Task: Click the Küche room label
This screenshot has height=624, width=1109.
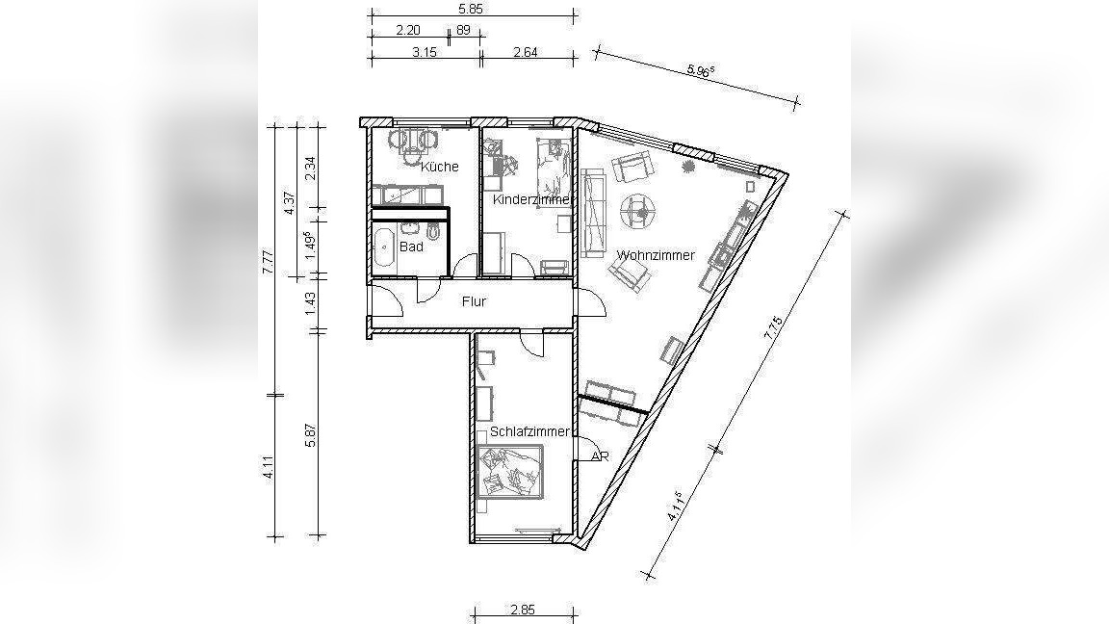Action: click(440, 167)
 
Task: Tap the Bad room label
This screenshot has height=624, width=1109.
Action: click(411, 247)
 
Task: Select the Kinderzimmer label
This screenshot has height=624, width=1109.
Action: click(531, 199)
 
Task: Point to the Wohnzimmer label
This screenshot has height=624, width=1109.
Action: click(656, 255)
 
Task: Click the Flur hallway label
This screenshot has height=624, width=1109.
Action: click(474, 301)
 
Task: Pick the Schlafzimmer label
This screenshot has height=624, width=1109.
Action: click(529, 431)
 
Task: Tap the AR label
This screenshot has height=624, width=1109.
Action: click(600, 456)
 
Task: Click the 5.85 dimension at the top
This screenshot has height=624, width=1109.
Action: click(471, 10)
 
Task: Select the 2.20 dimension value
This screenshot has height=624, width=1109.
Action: click(408, 31)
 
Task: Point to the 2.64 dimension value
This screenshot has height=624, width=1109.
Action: click(526, 52)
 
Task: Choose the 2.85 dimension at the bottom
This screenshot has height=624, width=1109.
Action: click(523, 610)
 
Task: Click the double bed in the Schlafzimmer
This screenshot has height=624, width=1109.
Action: click(510, 472)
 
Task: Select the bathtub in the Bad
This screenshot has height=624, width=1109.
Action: click(384, 249)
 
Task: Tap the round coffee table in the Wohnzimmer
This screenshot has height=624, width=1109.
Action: click(638, 210)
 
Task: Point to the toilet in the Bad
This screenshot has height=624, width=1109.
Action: click(434, 231)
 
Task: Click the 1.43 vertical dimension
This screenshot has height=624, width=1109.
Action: click(310, 302)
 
